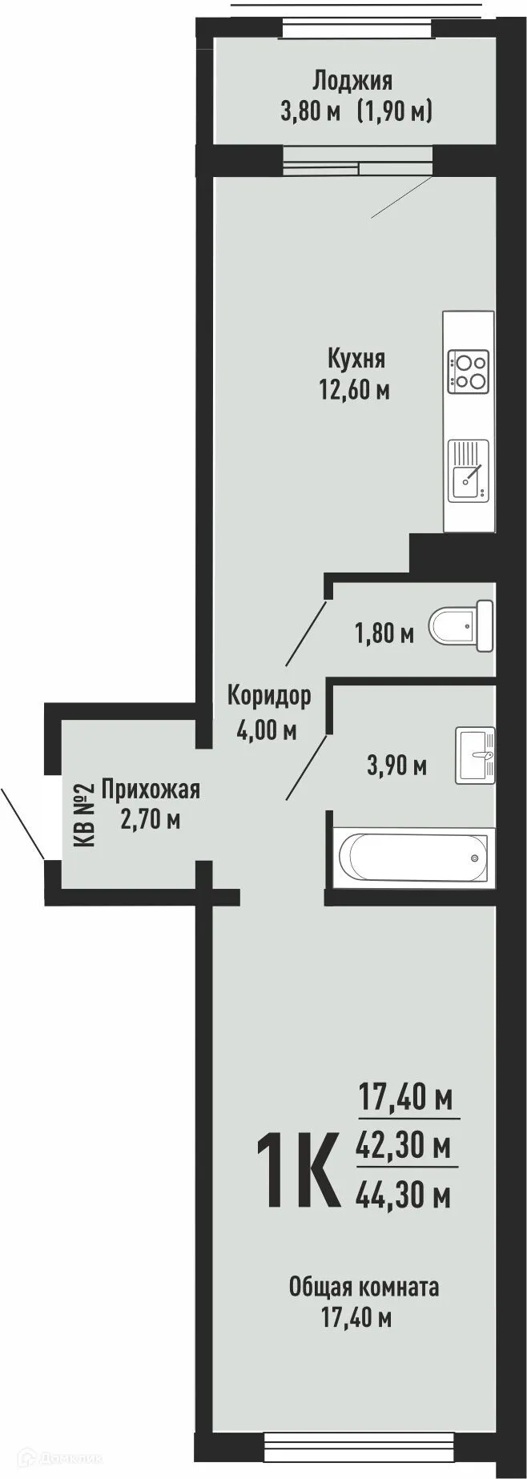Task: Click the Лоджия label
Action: (352, 80)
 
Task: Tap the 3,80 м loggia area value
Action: (310, 111)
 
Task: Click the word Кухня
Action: (356, 357)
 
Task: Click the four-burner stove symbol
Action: (469, 372)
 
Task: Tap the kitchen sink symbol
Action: (469, 471)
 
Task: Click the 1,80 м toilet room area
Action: (384, 634)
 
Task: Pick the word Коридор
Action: (268, 696)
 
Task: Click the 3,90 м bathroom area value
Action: (396, 766)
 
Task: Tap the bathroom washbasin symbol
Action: (476, 754)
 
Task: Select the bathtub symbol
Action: (412, 858)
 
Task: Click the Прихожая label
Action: (151, 790)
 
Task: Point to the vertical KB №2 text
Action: (83, 815)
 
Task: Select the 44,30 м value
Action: (402, 1196)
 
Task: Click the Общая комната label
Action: (364, 1287)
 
